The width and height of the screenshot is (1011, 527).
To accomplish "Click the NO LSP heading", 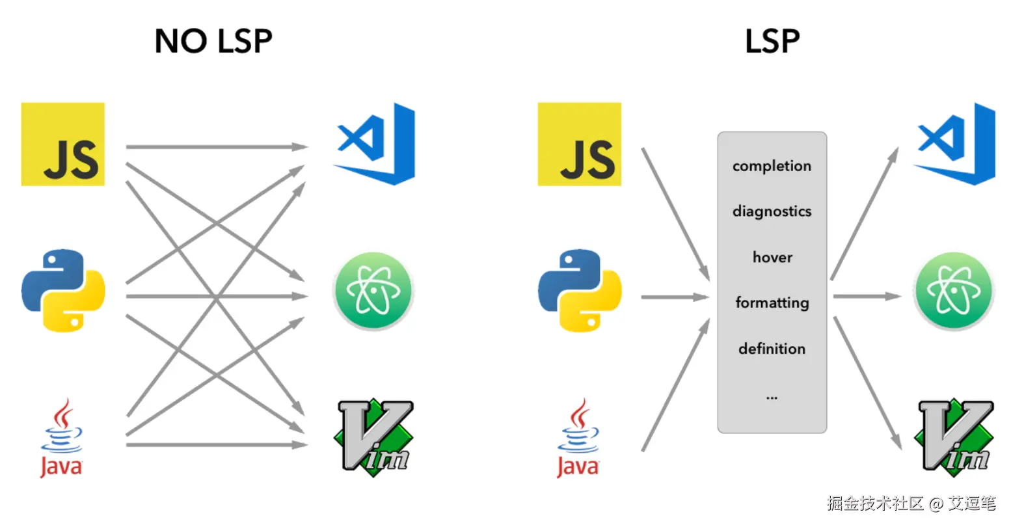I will [213, 42].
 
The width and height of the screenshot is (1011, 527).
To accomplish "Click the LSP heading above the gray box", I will [772, 42].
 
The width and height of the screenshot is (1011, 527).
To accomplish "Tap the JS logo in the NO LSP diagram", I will [63, 144].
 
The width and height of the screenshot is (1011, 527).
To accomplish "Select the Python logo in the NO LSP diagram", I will [63, 290].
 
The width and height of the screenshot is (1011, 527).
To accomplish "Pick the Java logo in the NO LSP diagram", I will [62, 438].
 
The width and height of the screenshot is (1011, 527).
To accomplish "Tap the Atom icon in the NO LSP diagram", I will [373, 291].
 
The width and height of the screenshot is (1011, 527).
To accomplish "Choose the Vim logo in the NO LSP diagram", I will [374, 437].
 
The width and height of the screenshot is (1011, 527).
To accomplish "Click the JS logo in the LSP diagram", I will [580, 144].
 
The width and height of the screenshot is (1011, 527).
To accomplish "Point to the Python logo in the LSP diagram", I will [580, 290].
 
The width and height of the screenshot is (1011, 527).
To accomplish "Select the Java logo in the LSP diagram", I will [578, 438].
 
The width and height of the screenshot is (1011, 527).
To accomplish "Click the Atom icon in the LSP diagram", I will [954, 291].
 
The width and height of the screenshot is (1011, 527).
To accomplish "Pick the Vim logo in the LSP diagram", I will [954, 437].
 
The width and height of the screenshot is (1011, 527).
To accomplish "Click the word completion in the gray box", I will [772, 167].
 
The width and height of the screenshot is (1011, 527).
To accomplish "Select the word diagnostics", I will [772, 211].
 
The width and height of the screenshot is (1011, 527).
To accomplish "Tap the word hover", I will [772, 258].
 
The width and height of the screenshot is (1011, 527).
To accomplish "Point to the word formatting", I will [772, 303].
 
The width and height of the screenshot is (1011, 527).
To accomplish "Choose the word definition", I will [772, 349].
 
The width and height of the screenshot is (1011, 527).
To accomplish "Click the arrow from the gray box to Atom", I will [866, 297].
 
